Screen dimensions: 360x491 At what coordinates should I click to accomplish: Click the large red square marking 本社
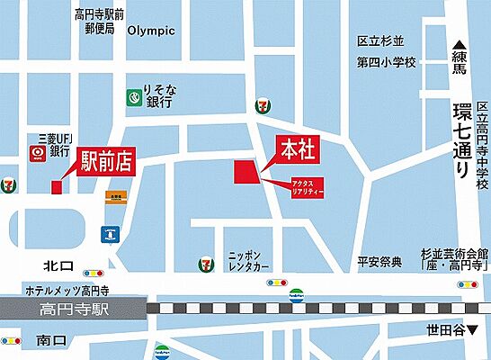pyautogui.click(x=245, y=171)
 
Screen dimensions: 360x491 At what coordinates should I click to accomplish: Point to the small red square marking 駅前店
pyautogui.click(x=57, y=187)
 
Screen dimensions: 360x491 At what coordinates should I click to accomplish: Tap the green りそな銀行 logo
pyautogui.click(x=133, y=94)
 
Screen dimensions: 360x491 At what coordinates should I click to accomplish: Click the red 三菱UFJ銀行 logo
pyautogui.click(x=39, y=154)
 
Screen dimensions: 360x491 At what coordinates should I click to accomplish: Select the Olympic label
pyautogui.click(x=151, y=31)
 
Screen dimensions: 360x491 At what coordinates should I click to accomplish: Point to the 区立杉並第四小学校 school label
pyautogui.click(x=388, y=51)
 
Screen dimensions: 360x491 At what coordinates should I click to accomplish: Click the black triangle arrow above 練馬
pyautogui.click(x=460, y=45)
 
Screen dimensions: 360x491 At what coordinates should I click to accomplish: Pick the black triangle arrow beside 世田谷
pyautogui.click(x=473, y=330)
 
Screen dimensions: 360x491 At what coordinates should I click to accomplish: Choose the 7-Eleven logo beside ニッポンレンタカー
pyautogui.click(x=207, y=264)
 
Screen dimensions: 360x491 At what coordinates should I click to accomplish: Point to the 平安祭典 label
pyautogui.click(x=379, y=262)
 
